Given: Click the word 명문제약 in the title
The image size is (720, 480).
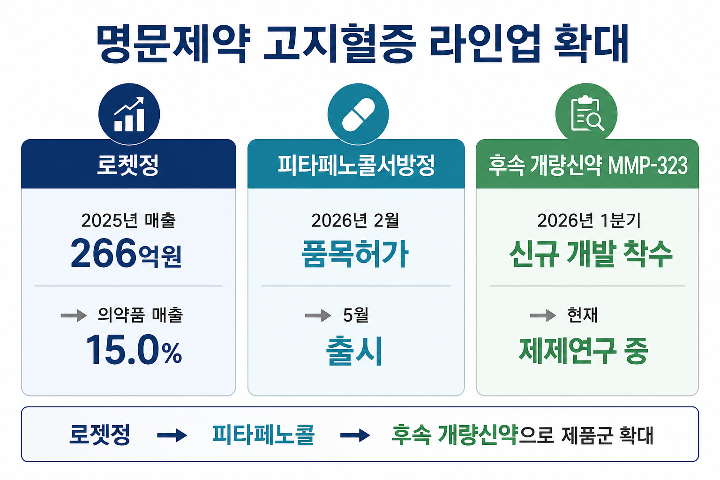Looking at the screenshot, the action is tap(173, 44).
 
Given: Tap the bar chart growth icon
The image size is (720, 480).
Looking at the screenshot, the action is tap(129, 114).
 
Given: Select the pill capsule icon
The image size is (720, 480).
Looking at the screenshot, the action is tap(358, 115).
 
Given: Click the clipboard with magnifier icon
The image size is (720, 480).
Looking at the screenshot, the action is tap(587, 113).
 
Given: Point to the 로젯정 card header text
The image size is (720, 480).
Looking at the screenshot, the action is tap(128, 165).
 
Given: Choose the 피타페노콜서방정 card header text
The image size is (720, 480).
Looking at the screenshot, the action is tap(356, 165).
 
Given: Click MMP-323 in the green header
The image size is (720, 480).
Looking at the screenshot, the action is tap(648, 165).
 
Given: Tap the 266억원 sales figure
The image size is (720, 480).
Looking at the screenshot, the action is tap(126, 253).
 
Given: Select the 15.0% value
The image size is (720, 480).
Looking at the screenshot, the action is tap(134, 350).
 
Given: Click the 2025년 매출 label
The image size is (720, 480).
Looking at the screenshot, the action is tap(128, 221).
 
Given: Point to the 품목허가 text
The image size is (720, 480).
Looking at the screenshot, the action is tap(355, 254).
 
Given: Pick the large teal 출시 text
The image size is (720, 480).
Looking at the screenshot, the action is tap(354, 351).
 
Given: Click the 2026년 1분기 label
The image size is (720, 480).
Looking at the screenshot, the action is tap(589, 221).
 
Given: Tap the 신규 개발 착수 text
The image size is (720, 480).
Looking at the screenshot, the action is tap(591, 254).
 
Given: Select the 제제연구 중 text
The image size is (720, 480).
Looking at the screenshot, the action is tap(584, 351).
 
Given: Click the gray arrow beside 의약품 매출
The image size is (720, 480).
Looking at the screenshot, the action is tap(74, 315).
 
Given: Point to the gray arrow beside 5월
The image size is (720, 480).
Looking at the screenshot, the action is tap(318, 315).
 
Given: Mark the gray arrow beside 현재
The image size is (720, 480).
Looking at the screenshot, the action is tap(543, 315).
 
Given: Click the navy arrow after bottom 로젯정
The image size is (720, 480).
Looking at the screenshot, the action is tap(172, 435).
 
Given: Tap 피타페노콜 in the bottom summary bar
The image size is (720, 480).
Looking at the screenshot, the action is tap(263, 435).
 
